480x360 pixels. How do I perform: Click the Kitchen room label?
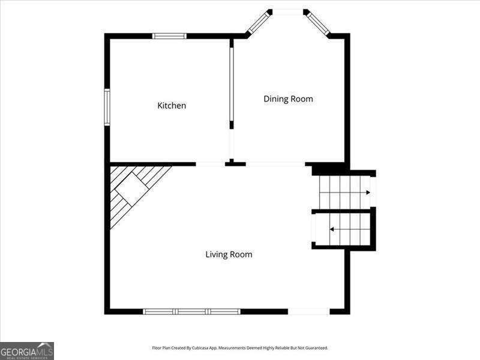[x=172, y=106]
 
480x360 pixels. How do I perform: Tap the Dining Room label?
[x=288, y=99]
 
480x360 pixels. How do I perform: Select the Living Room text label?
[x=229, y=254]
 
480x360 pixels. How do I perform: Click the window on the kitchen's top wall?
[x=169, y=36]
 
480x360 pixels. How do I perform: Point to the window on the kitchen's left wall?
[x=107, y=107]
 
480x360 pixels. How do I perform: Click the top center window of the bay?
[x=288, y=11]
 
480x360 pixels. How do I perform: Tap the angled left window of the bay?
[x=258, y=23]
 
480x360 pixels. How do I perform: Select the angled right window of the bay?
[x=318, y=23]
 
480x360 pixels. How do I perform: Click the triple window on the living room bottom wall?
[x=191, y=311]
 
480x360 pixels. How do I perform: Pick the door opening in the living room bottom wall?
[x=308, y=311]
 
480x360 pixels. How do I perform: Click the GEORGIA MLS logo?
[x=27, y=350]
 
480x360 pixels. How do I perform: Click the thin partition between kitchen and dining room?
[x=231, y=84]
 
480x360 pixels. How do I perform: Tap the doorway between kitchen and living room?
[x=210, y=164]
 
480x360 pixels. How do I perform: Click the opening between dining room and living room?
[x=275, y=164]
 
